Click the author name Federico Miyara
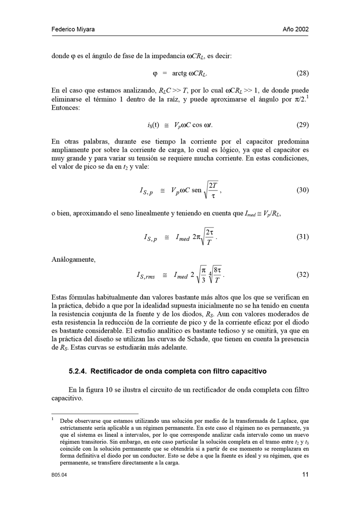pos(73,29)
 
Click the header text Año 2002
pos(296,29)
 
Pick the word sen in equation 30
pos(196,191)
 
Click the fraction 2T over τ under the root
pos(214,190)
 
